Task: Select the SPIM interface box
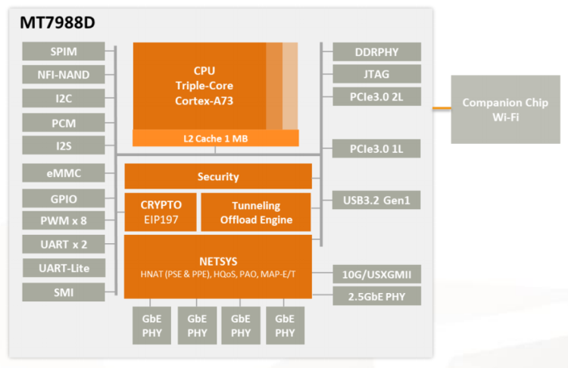pyautogui.click(x=64, y=51)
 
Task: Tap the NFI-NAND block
pyautogui.click(x=64, y=75)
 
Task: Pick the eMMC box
pyautogui.click(x=64, y=173)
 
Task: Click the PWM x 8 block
pyautogui.click(x=64, y=222)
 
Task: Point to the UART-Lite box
pyautogui.click(x=64, y=267)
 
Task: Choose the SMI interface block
pyautogui.click(x=64, y=292)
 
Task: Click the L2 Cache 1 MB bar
pyautogui.click(x=216, y=139)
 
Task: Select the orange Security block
pyautogui.click(x=218, y=176)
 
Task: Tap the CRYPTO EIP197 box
pyautogui.click(x=161, y=212)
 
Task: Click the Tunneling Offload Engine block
pyautogui.click(x=256, y=212)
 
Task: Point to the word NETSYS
pyautogui.click(x=217, y=257)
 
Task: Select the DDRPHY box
pyautogui.click(x=376, y=51)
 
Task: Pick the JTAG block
pyautogui.click(x=376, y=74)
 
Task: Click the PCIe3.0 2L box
pyautogui.click(x=376, y=97)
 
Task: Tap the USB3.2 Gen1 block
pyautogui.click(x=376, y=200)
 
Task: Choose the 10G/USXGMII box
pyautogui.click(x=376, y=274)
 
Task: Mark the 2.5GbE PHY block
pyautogui.click(x=376, y=296)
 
